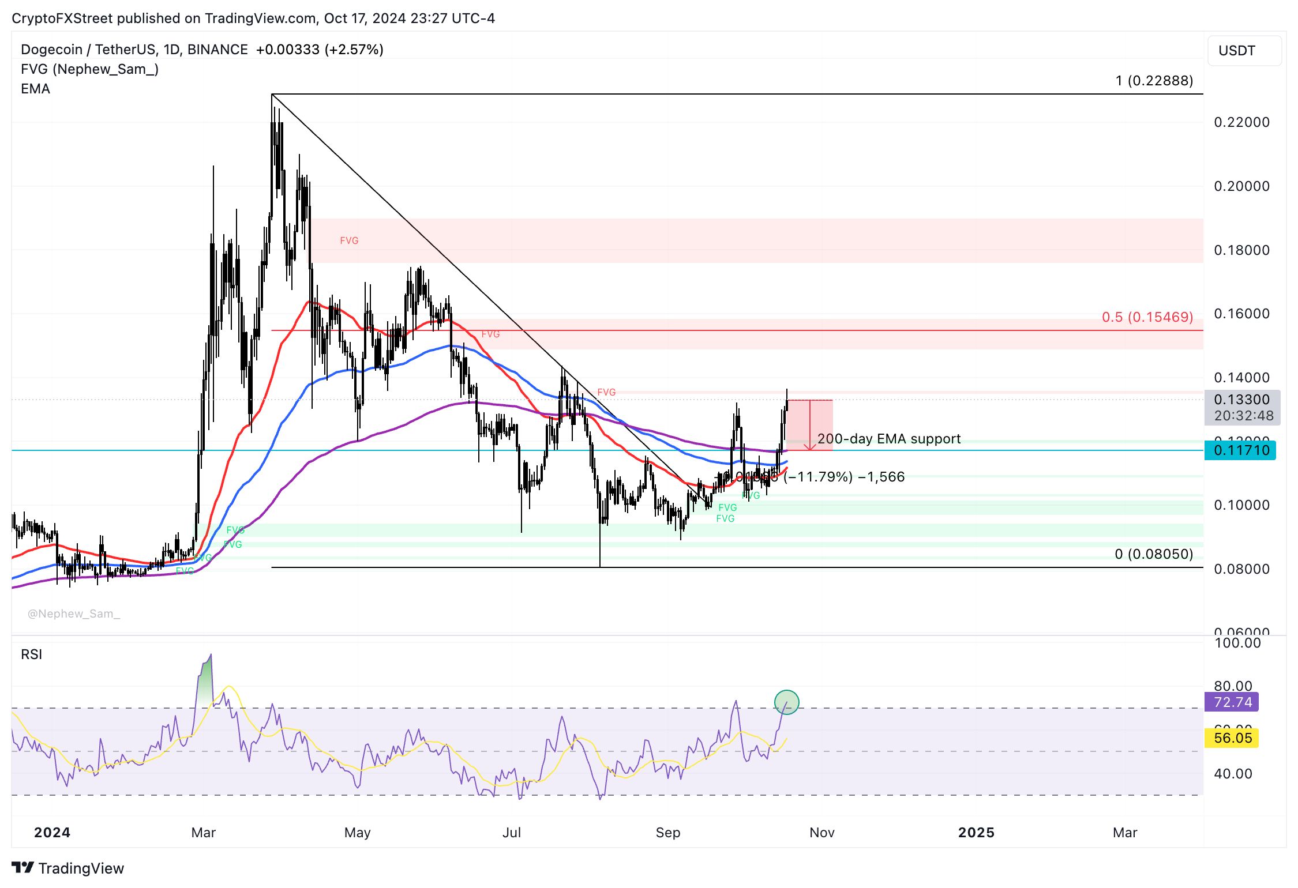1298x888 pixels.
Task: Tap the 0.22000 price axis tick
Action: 1241,122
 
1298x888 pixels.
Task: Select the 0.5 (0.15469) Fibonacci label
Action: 1147,317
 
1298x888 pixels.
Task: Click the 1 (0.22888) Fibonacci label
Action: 1154,81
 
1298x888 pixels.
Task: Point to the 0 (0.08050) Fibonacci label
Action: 1154,554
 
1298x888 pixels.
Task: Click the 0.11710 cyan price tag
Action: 1240,450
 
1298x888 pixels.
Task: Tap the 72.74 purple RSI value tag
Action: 1232,702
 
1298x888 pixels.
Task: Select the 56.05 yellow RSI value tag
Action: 1232,738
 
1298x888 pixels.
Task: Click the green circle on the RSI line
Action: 786,702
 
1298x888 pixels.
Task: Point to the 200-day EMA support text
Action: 889,439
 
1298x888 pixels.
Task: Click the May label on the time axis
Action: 357,833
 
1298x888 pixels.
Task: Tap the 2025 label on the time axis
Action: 976,833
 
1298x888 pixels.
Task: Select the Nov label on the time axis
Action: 822,833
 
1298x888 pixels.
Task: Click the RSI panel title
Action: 31,654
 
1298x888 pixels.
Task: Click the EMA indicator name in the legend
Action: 35,89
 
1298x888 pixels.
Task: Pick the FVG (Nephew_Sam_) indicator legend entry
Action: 89,69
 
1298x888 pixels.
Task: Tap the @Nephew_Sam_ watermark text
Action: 74,614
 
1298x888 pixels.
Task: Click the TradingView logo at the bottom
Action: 68,868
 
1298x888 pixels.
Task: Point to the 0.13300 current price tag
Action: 1241,400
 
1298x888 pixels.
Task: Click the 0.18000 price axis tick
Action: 1241,250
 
